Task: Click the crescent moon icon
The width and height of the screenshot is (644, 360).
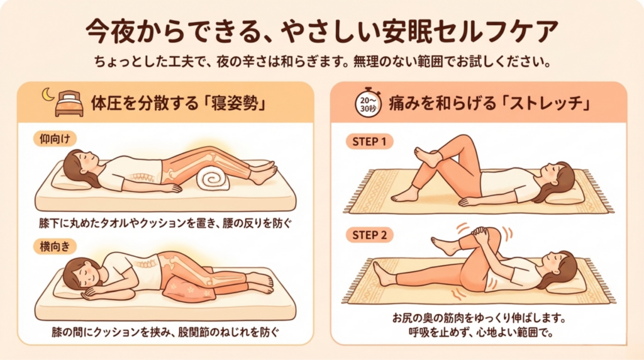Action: (x=47, y=94)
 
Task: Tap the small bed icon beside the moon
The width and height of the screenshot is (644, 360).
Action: (x=69, y=104)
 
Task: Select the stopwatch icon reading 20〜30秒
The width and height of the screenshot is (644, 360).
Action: (x=367, y=103)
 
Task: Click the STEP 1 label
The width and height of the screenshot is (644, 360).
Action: (x=369, y=142)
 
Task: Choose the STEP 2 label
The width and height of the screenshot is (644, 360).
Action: (x=369, y=235)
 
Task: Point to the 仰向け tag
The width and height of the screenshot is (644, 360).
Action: (x=55, y=139)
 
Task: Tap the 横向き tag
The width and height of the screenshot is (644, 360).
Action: (x=55, y=247)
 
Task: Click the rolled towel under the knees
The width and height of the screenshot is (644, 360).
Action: (x=213, y=179)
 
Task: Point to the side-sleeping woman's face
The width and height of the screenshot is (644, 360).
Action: (x=85, y=273)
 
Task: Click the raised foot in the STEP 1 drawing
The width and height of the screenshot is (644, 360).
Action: (x=427, y=157)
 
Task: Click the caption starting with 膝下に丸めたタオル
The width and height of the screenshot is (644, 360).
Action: (x=165, y=223)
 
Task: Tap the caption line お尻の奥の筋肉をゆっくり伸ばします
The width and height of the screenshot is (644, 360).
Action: (x=479, y=318)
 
